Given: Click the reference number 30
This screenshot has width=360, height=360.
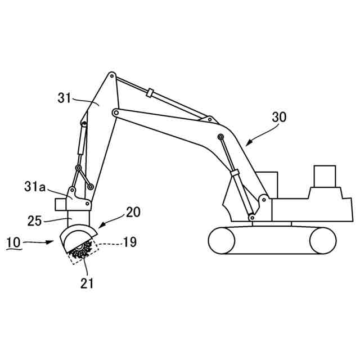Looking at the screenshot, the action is [278, 118].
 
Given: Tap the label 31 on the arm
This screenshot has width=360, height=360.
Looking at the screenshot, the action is [65, 97].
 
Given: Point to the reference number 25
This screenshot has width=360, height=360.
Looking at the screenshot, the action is [35, 221].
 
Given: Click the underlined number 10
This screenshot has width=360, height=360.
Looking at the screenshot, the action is [14, 242].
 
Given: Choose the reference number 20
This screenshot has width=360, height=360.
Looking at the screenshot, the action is [133, 212].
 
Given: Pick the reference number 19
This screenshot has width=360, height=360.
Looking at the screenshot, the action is [129, 242].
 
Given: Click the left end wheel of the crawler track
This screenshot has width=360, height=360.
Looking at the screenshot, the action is [222, 241].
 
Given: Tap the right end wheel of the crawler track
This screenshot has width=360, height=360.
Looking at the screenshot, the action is [322, 241].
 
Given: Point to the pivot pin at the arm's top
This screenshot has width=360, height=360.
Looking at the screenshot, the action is [112, 74].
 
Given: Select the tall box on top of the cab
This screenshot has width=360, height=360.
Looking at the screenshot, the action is [325, 175].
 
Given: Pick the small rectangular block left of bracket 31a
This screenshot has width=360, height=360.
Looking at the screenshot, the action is [60, 202].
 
